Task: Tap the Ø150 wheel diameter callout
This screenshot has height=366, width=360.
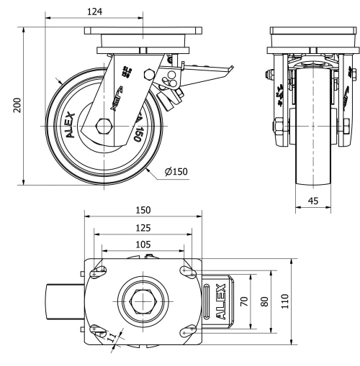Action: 176,173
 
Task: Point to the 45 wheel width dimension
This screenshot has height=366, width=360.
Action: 312,202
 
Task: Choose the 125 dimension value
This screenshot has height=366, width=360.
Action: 143,227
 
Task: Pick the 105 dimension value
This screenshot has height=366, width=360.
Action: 143,244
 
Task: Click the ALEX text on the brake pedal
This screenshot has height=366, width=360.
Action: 220,301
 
